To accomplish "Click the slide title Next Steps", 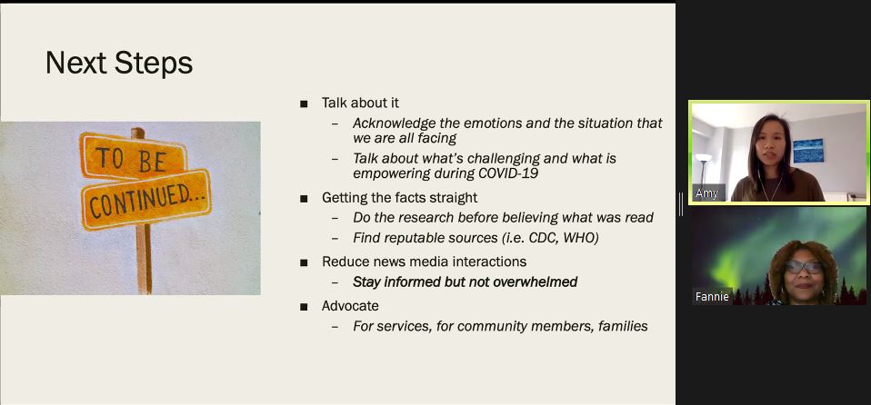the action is click(119, 63).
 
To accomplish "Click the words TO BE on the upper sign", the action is click(131, 159).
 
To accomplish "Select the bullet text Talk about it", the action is click(360, 104).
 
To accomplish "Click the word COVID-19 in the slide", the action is click(511, 173).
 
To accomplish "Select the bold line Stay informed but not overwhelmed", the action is click(465, 282).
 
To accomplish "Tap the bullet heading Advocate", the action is click(350, 306).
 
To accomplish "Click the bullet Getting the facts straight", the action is click(399, 198).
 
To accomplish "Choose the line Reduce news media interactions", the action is click(424, 262).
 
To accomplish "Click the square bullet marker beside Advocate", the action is click(304, 306).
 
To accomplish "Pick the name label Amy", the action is click(706, 193).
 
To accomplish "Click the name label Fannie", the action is click(712, 297).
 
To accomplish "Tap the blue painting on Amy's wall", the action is click(807, 151).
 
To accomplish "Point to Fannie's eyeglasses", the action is click(803, 267).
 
